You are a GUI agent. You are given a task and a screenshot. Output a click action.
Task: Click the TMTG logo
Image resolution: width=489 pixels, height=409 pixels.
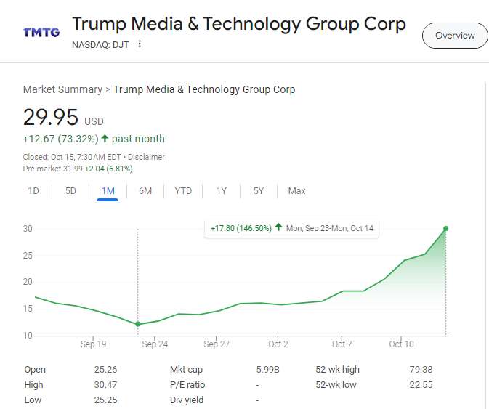(x=41, y=32)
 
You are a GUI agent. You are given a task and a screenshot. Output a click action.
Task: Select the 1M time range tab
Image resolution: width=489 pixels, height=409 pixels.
(x=108, y=191)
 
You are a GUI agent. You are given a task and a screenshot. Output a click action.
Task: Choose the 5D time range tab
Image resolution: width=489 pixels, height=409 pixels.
(x=70, y=191)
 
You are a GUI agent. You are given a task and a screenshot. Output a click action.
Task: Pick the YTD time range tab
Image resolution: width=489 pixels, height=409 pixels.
(x=183, y=191)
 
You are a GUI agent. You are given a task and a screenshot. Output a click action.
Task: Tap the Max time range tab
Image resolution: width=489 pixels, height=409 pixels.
(x=296, y=191)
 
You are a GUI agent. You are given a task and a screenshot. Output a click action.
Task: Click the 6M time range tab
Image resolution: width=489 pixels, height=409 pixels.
(x=145, y=191)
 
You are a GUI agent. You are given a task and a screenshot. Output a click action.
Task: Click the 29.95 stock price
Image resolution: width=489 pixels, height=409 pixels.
(x=50, y=118)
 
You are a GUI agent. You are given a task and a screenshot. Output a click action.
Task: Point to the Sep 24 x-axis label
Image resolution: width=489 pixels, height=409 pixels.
(x=155, y=344)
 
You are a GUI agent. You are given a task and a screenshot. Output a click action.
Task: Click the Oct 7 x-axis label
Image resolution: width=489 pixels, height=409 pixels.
(x=342, y=344)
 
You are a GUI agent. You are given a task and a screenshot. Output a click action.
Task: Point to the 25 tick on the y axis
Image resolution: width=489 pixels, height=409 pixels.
(x=28, y=255)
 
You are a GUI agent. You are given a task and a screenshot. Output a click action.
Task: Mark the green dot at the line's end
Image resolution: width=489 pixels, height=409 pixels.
(x=445, y=228)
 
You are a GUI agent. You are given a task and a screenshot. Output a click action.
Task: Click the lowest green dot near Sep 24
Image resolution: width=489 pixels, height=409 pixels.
(x=138, y=324)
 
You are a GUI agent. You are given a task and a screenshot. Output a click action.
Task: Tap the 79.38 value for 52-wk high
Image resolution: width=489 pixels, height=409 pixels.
(x=421, y=369)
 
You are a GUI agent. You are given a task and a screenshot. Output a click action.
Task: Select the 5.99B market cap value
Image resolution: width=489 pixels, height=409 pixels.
(x=267, y=369)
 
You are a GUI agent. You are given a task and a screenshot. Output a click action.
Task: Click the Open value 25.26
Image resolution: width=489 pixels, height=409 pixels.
(x=105, y=369)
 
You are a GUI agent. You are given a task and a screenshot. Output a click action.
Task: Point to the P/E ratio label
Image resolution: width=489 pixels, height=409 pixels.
(x=187, y=384)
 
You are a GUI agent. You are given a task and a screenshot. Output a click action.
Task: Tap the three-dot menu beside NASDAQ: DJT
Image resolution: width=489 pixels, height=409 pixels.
(x=140, y=44)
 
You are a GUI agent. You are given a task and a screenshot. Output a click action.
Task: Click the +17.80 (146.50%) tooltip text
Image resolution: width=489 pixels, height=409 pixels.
(x=241, y=228)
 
